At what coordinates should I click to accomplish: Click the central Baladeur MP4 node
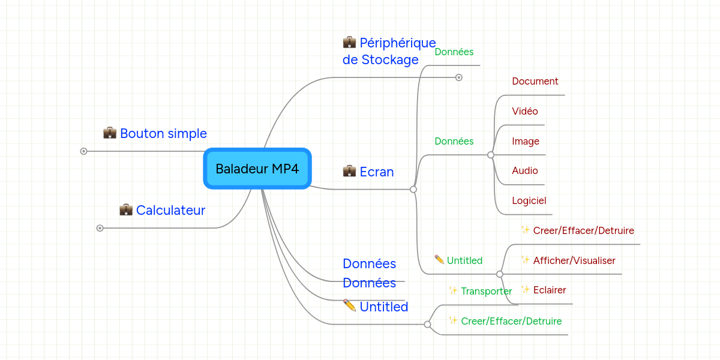tap(257, 169)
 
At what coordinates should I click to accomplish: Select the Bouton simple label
tap(163, 133)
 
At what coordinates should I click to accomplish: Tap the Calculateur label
tap(170, 210)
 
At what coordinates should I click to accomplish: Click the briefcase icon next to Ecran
tap(349, 171)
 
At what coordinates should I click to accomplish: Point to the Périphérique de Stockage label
tap(389, 51)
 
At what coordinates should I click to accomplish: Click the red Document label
tap(535, 81)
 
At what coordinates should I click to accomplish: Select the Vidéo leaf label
tap(524, 111)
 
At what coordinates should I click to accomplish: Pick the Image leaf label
tap(525, 141)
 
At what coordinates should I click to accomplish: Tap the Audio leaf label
tap(524, 170)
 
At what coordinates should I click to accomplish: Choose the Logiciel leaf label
tap(529, 200)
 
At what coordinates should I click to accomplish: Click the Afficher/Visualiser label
tap(574, 260)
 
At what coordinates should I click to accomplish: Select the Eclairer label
tap(549, 290)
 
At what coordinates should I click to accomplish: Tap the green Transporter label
tap(486, 291)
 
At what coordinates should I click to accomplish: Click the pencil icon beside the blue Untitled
tap(349, 305)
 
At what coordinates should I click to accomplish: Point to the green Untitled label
tap(464, 260)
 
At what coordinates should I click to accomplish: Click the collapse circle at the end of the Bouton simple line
tap(84, 151)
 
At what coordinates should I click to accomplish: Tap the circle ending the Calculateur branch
tap(100, 228)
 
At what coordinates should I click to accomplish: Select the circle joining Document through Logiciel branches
tap(491, 155)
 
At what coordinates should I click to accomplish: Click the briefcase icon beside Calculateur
tap(125, 209)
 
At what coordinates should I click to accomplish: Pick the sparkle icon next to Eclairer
tap(525, 290)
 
